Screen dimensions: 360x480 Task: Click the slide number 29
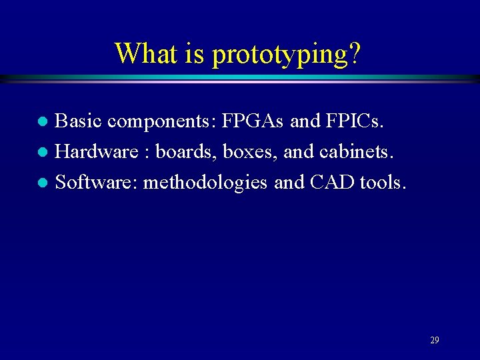tap(435, 340)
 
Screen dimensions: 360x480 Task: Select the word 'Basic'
tap(78, 121)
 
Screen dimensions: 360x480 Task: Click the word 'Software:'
tap(96, 181)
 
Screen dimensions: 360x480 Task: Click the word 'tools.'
tap(382, 181)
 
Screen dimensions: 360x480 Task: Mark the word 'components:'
tap(161, 122)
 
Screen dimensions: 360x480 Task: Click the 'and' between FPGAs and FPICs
tap(305, 121)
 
